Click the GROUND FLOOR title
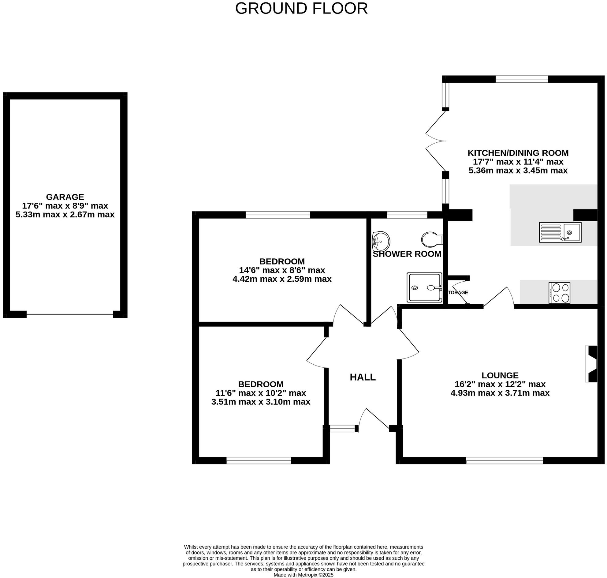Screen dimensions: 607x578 point(301,8)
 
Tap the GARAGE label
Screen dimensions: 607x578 point(65,197)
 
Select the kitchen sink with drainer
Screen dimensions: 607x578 point(560,232)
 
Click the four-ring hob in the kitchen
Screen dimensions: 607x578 point(559,293)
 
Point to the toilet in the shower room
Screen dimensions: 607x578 point(432,239)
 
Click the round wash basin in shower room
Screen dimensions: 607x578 point(381,241)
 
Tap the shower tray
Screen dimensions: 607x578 point(424,287)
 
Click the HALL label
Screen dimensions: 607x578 point(363,377)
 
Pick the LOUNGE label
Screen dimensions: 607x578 point(500,375)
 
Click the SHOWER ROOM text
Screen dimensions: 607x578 point(407,254)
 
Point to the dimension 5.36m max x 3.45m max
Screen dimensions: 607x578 point(518,171)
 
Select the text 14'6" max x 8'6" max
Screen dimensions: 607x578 point(282,270)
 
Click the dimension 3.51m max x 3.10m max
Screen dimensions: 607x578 point(261,402)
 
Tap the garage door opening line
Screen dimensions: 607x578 point(70,314)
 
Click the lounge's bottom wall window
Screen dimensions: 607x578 point(504,461)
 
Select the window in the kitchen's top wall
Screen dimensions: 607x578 point(522,79)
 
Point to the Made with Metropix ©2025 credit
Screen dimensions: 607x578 point(303,575)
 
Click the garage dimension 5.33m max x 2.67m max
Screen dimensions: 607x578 point(65,214)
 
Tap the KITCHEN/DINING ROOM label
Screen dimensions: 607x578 point(518,153)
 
